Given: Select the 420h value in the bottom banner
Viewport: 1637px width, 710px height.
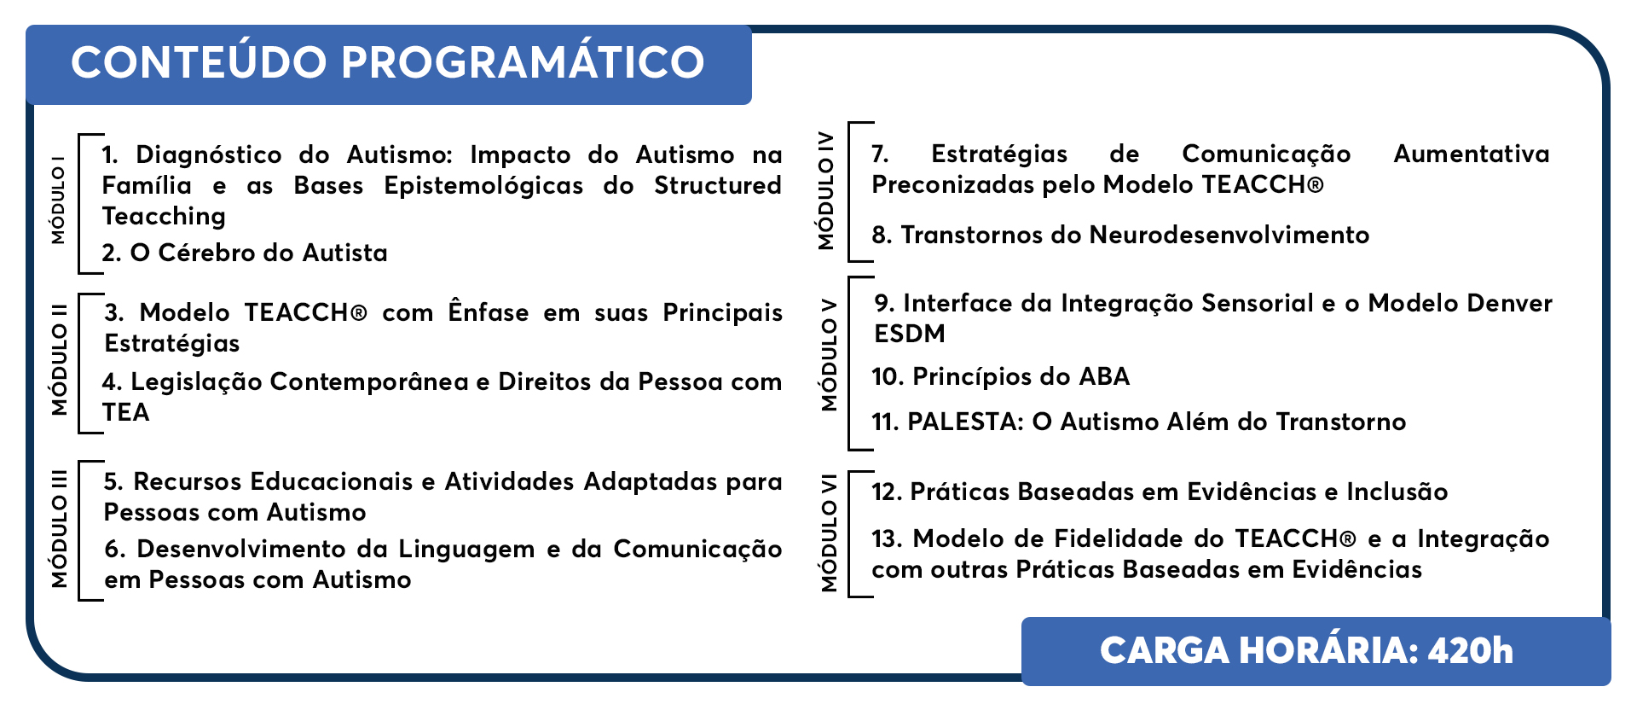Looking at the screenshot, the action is tap(1471, 651).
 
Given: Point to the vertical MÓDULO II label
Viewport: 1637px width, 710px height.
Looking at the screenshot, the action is tap(59, 360).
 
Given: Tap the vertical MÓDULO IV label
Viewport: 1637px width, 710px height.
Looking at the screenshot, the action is tap(825, 189).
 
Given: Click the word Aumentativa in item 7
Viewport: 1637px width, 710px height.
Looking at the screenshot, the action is tap(1472, 154).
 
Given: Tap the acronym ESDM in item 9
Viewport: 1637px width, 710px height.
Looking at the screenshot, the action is tap(910, 334).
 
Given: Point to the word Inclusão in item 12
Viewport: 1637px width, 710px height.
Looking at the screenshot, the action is tap(1397, 492).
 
